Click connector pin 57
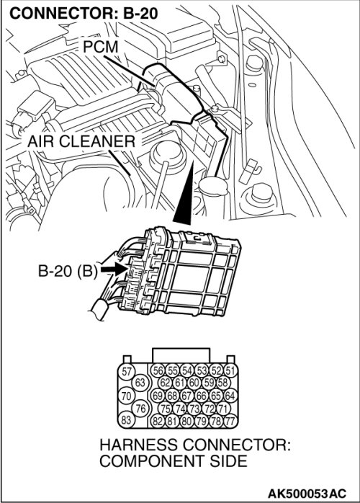pos(127,371)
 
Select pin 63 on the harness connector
pos(140,383)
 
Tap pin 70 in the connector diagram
pos(126,396)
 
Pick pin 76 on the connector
pos(140,409)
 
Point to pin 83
pos(126,420)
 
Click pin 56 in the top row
pos(158,371)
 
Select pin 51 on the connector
pos(230,371)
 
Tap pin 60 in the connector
pos(194,383)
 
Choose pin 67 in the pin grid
pos(186,396)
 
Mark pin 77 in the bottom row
pos(230,421)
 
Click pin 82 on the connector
pos(158,421)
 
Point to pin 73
pos(194,409)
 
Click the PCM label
pos(100,47)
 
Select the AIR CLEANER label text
pos(81,141)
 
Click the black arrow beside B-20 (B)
pos(115,269)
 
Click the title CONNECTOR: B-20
pos(84,13)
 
